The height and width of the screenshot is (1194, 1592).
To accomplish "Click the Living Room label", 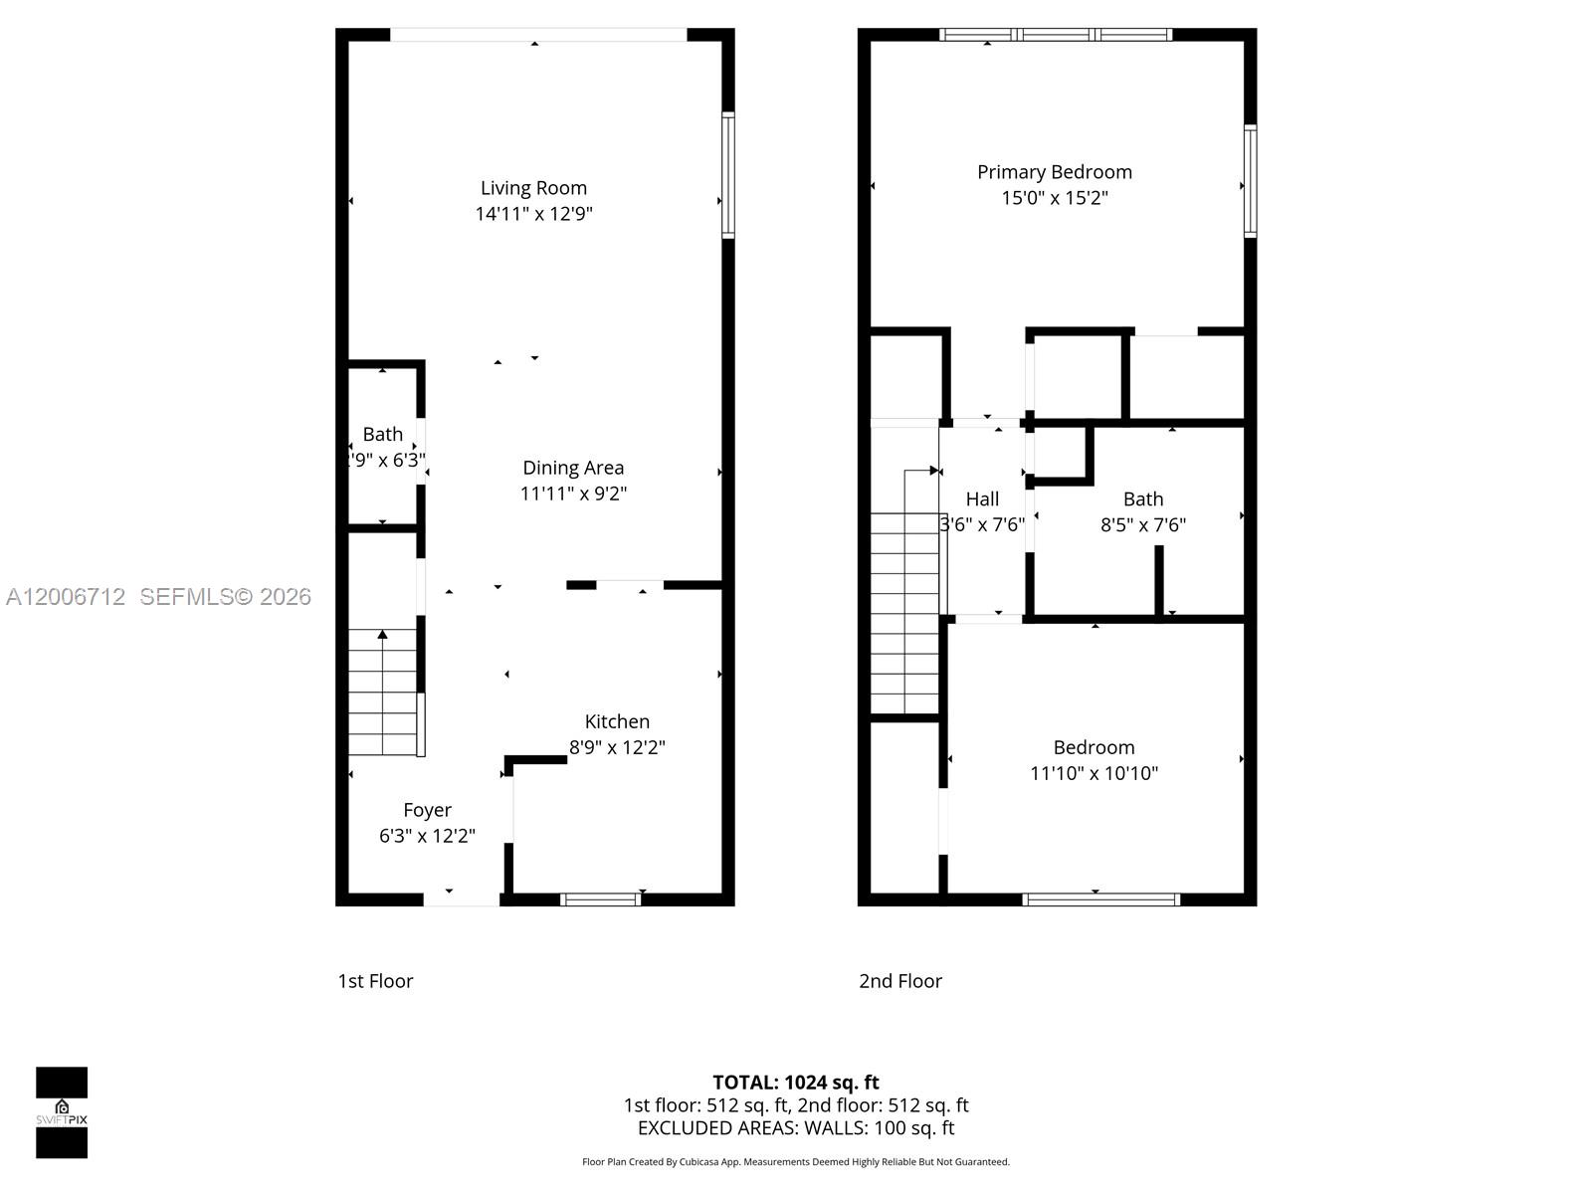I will pyautogui.click(x=533, y=188).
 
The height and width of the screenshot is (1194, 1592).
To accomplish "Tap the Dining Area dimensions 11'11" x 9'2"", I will pyautogui.click(x=573, y=494).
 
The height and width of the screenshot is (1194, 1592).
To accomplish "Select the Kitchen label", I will pyautogui.click(x=617, y=721).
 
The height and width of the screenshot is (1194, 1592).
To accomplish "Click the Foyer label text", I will pyautogui.click(x=427, y=810).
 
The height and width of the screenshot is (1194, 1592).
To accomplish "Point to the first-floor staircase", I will pyautogui.click(x=382, y=693).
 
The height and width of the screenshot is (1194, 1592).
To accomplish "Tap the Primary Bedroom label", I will pyautogui.click(x=1054, y=172).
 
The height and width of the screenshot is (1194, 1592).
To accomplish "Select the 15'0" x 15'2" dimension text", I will pyautogui.click(x=1054, y=198).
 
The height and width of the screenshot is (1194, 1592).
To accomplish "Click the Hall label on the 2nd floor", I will pyautogui.click(x=982, y=498).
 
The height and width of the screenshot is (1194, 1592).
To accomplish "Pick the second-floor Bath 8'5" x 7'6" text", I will pyautogui.click(x=1142, y=524).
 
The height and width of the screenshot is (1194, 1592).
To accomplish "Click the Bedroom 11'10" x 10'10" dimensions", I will pyautogui.click(x=1094, y=773).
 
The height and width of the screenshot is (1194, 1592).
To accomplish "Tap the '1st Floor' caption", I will pyautogui.click(x=375, y=981).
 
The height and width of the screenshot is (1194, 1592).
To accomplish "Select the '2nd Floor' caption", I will pyautogui.click(x=899, y=981).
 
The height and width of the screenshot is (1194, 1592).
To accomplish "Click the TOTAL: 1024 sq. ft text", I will pyautogui.click(x=795, y=1082).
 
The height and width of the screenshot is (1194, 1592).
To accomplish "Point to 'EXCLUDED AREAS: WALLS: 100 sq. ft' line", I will pyautogui.click(x=795, y=1128).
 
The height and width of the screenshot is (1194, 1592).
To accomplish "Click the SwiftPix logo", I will pyautogui.click(x=62, y=1112).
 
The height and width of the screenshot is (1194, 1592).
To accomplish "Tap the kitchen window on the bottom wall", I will pyautogui.click(x=600, y=899).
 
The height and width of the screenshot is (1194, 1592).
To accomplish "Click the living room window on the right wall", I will pyautogui.click(x=728, y=175).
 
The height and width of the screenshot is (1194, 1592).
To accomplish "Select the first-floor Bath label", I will pyautogui.click(x=382, y=434).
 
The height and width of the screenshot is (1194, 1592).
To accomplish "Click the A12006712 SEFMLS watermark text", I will pyautogui.click(x=158, y=596).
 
